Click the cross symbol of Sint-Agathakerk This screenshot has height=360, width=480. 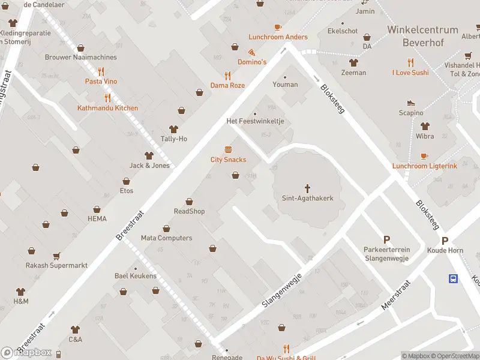click(x=308, y=188)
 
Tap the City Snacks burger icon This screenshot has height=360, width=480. click(x=228, y=149)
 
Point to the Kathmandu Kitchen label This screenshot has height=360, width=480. click(x=107, y=108)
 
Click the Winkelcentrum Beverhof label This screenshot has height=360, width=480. click(x=422, y=35)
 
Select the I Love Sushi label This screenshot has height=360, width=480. click(x=410, y=73)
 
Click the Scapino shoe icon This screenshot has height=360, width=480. click(x=411, y=103)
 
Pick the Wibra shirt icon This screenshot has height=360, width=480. click(x=425, y=127)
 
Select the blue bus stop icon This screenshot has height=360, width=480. click(x=454, y=278)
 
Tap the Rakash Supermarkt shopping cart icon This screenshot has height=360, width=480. click(x=56, y=256)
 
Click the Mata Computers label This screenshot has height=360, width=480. click(x=166, y=238)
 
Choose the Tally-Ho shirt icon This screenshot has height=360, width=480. click(x=174, y=129)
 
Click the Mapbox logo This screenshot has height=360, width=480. click(x=26, y=353)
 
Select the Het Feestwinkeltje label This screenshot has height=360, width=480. click(x=255, y=121)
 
